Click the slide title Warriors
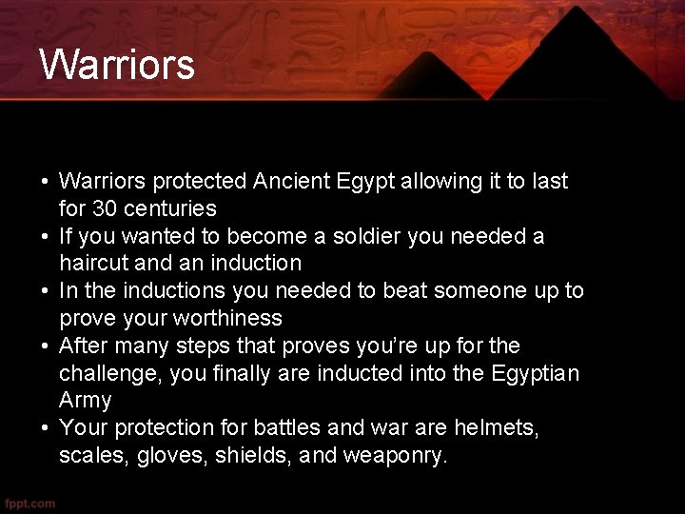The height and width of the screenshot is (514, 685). click(117, 65)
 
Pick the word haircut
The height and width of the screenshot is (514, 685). click(94, 263)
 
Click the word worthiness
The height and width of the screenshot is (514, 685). click(221, 318)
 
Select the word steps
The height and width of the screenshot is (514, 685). click(221, 345)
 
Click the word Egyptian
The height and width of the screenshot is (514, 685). click(535, 373)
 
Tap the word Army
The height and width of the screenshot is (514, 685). click(86, 400)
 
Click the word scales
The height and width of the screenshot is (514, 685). click(92, 455)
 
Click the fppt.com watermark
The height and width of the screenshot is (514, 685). click(30, 503)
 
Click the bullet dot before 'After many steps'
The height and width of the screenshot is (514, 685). click(45, 346)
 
